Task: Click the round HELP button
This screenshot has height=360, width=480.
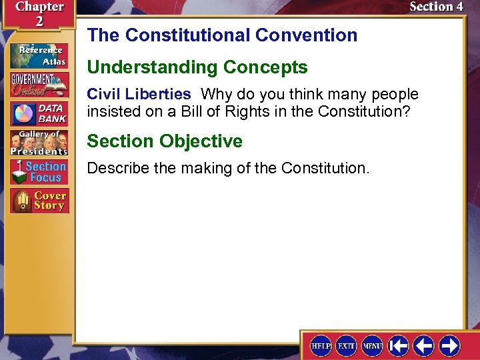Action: pyautogui.click(x=321, y=346)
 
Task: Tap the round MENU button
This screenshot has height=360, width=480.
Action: pyautogui.click(x=372, y=346)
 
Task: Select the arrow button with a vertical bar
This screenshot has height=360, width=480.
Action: pyautogui.click(x=398, y=346)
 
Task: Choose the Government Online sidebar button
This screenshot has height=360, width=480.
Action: pyautogui.click(x=38, y=85)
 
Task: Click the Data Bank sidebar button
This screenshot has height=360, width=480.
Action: pyautogui.click(x=38, y=113)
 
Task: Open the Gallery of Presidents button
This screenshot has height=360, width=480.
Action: pyautogui.click(x=38, y=143)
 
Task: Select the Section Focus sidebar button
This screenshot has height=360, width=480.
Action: pyautogui.click(x=38, y=172)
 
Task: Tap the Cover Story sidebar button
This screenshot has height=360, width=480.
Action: pyautogui.click(x=38, y=201)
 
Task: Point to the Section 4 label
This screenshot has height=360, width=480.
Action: pyautogui.click(x=436, y=7)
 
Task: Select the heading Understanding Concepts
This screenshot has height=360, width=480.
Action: pyautogui.click(x=197, y=67)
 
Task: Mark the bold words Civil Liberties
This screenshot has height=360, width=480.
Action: pyautogui.click(x=139, y=94)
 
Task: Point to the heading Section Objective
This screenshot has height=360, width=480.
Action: pyautogui.click(x=165, y=141)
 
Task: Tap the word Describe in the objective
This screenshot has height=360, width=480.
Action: pyautogui.click(x=118, y=168)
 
